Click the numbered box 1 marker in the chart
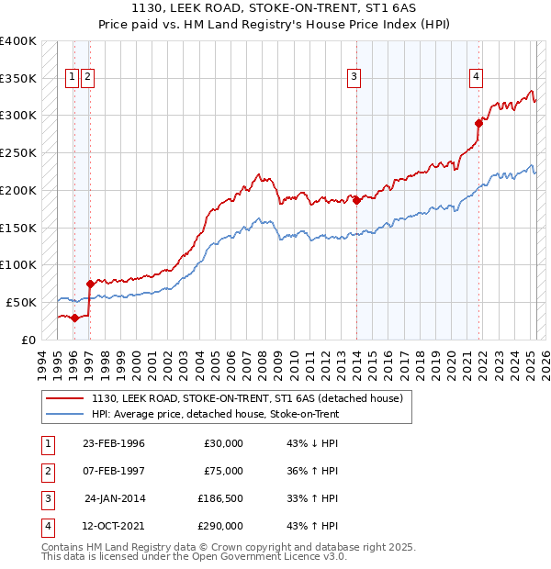pyautogui.click(x=72, y=78)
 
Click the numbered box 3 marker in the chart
pyautogui.click(x=354, y=78)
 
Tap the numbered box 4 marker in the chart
pyautogui.click(x=477, y=78)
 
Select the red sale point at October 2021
pyautogui.click(x=478, y=123)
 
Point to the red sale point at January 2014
pyautogui.click(x=356, y=200)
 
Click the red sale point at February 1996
pyautogui.click(x=74, y=318)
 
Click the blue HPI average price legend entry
pyautogui.click(x=215, y=415)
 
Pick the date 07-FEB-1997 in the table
pyautogui.click(x=113, y=471)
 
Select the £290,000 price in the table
pyautogui.click(x=220, y=526)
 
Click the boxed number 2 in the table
pyautogui.click(x=47, y=471)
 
